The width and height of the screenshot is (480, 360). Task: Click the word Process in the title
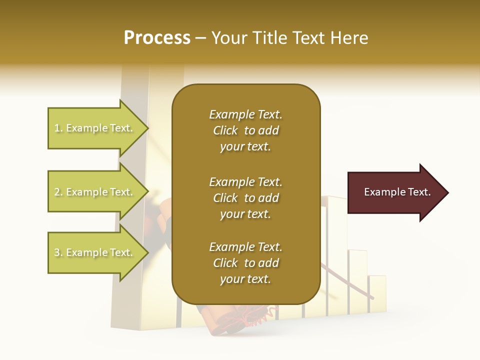click(157, 38)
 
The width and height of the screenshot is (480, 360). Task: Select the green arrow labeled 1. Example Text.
click(95, 128)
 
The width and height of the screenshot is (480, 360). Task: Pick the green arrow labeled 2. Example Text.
click(95, 192)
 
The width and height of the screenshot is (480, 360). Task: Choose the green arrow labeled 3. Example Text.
click(95, 252)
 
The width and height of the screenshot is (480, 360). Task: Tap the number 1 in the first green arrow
click(57, 128)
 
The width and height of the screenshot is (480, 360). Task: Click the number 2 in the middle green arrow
click(57, 192)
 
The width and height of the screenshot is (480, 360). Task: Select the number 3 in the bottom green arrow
click(57, 252)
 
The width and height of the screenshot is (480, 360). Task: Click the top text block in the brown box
click(245, 130)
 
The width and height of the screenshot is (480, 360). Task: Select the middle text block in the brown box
click(245, 198)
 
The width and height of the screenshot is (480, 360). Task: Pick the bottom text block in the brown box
click(245, 263)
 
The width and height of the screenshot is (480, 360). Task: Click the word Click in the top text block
click(225, 130)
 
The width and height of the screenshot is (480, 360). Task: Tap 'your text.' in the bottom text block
click(245, 279)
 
